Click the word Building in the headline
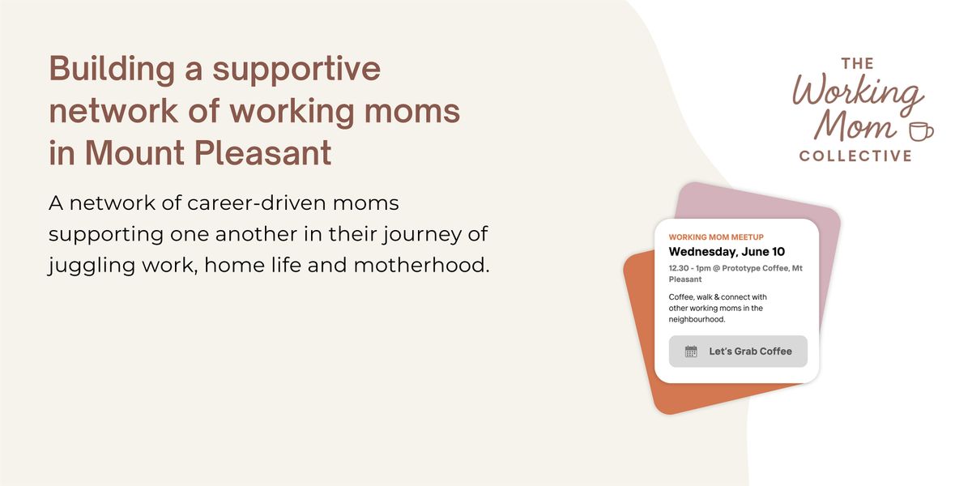pyautogui.click(x=112, y=70)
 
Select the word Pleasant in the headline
pyautogui.click(x=262, y=153)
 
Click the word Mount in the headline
pyautogui.click(x=135, y=153)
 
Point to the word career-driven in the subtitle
pyautogui.click(x=257, y=202)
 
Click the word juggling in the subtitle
pyautogui.click(x=92, y=266)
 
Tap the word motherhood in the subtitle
pyautogui.click(x=421, y=265)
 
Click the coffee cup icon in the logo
pyautogui.click(x=921, y=131)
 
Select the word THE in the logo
pyautogui.click(x=858, y=64)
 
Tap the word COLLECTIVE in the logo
pyautogui.click(x=855, y=156)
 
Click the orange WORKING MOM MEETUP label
pyautogui.click(x=716, y=237)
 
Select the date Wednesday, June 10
pyautogui.click(x=727, y=252)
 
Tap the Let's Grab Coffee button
pyautogui.click(x=738, y=351)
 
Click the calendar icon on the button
pyautogui.click(x=691, y=351)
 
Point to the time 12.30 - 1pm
pyautogui.click(x=689, y=268)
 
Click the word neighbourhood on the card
pyautogui.click(x=697, y=319)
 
